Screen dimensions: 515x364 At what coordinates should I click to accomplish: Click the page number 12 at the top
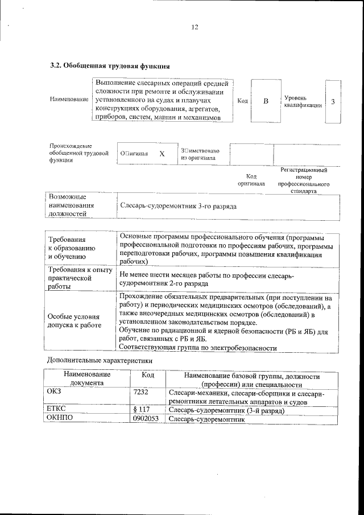pos(195,27)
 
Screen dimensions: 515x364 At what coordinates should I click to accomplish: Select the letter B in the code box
pos(265,101)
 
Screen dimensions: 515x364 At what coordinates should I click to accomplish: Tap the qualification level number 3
pos(333,101)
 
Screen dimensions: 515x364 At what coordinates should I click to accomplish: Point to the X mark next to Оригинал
pos(162,154)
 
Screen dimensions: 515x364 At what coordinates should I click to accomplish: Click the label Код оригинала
pos(251,180)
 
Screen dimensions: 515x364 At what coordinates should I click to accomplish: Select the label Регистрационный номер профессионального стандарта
pos(304,181)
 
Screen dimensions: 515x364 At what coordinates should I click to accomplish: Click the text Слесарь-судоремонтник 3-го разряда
pos(178,205)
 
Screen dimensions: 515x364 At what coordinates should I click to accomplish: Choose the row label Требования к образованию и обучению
pos(71,249)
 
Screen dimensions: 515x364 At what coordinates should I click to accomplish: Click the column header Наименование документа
pos(87,380)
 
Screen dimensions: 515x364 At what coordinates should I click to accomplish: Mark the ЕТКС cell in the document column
pos(58,410)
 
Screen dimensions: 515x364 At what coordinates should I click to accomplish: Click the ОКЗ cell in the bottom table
pos(55,393)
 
